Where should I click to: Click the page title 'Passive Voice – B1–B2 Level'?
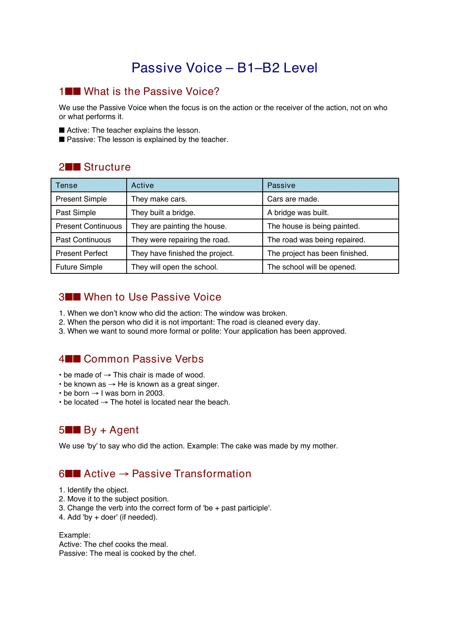point(224,68)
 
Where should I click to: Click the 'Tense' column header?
point(66,185)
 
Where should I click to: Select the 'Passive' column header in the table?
point(281,185)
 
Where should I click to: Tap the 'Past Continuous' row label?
point(83,240)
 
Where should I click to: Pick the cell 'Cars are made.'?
point(293,199)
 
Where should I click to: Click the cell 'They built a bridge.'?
point(163,212)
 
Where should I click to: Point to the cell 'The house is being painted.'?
point(313,226)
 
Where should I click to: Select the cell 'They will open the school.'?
point(174,267)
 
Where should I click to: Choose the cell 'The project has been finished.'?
point(317,253)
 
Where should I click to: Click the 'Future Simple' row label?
point(79,267)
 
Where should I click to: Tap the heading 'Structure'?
point(107,167)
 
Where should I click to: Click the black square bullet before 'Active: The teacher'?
point(62,130)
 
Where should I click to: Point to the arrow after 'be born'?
point(95,393)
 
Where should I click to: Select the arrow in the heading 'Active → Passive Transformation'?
point(124,474)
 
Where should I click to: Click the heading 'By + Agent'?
point(111,430)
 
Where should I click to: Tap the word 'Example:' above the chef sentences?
point(75,535)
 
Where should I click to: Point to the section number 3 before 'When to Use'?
point(61,297)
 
